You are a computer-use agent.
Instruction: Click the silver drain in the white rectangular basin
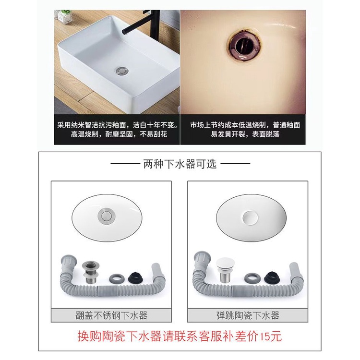[122, 70]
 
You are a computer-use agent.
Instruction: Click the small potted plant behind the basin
[64, 16]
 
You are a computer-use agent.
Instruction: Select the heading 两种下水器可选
[180, 164]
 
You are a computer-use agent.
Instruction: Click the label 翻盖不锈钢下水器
[111, 315]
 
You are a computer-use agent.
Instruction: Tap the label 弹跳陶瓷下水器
[248, 315]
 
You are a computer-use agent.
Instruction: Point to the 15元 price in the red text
[271, 336]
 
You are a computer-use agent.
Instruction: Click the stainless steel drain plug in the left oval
[107, 216]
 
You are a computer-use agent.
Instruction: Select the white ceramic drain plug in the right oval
[250, 217]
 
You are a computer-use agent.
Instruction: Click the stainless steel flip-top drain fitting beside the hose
[90, 272]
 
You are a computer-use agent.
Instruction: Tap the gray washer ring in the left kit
[117, 278]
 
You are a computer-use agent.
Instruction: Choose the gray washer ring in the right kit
[252, 278]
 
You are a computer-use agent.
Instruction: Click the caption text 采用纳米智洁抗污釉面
[92, 125]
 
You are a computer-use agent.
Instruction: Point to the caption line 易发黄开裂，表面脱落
[245, 134]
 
